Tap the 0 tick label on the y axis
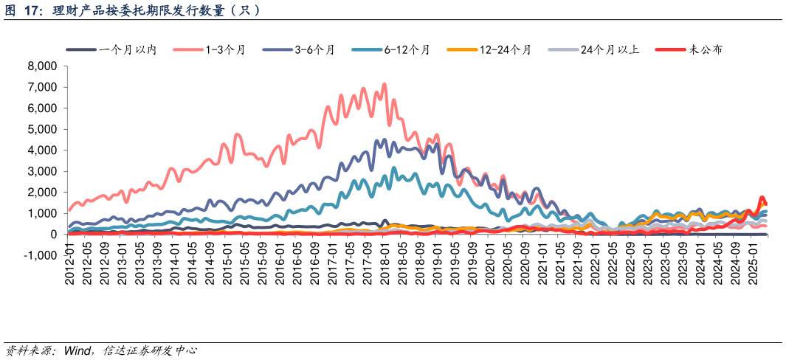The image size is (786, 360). [53, 235]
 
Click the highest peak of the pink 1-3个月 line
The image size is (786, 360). [385, 84]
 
